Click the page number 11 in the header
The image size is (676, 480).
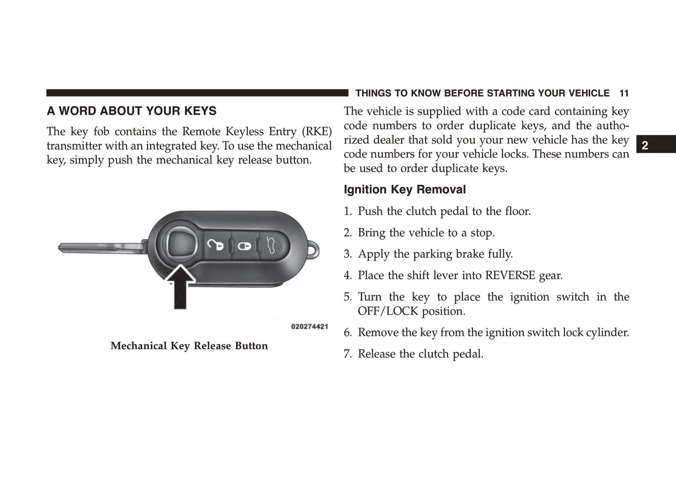tap(624, 93)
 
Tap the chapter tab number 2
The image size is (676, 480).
tap(645, 145)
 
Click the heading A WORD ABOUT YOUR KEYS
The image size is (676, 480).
tap(131, 111)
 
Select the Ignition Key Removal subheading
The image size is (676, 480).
tap(405, 189)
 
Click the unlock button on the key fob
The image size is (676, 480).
tap(216, 245)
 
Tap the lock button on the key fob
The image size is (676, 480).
tap(244, 246)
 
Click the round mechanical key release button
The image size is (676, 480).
tap(181, 243)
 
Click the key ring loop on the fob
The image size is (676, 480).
tap(314, 250)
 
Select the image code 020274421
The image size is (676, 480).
tap(309, 327)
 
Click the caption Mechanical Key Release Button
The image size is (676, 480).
tap(189, 346)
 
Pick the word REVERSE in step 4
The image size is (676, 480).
tap(510, 275)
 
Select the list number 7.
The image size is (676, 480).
tap(348, 354)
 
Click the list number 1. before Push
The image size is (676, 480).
tap(348, 211)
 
